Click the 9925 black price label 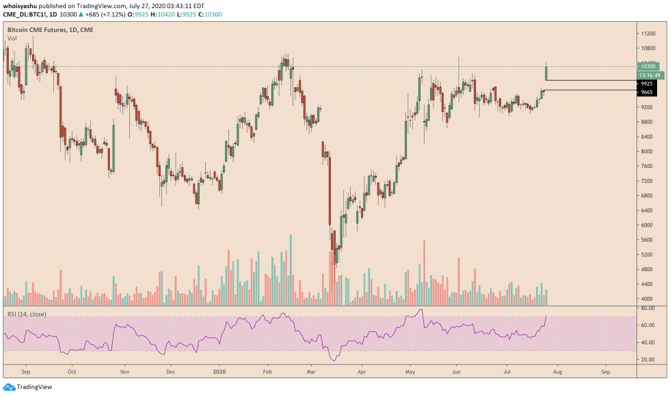tap(646, 83)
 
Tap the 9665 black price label tap(646, 91)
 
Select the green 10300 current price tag tap(646, 66)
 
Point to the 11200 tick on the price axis tap(647, 33)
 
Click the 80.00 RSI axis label tap(646, 308)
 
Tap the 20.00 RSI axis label tap(646, 359)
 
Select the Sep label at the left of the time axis tap(26, 373)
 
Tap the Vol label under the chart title tap(12, 39)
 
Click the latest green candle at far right tap(546, 72)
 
